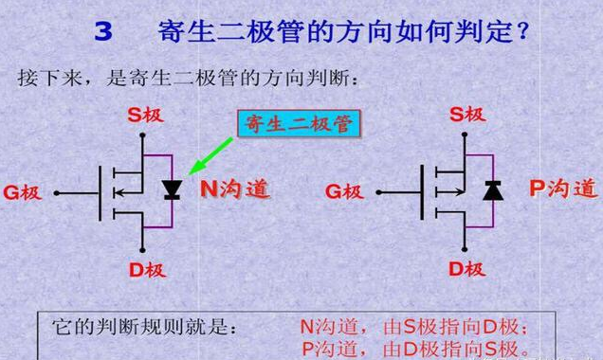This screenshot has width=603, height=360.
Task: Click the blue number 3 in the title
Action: [x=103, y=31]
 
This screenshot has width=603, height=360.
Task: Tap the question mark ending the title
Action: [x=523, y=31]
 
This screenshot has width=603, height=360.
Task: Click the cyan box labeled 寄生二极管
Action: [x=299, y=124]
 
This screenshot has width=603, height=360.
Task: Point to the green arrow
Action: [x=211, y=156]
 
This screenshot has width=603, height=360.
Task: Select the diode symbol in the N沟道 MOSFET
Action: [x=172, y=189]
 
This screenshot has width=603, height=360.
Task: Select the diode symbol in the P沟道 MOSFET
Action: [x=493, y=189]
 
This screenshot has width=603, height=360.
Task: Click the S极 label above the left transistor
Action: [x=146, y=115]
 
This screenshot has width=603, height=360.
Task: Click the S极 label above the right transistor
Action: [x=467, y=114]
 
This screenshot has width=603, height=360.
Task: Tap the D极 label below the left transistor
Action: [x=147, y=270]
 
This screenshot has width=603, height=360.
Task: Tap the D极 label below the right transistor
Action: [x=467, y=269]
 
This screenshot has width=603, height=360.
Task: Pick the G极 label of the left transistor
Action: [x=23, y=192]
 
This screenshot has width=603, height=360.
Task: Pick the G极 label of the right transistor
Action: [x=344, y=191]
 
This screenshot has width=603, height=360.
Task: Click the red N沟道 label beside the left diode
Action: [x=235, y=189]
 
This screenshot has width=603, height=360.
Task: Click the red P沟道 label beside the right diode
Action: [x=564, y=189]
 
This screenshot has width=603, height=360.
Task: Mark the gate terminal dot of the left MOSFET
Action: [x=57, y=193]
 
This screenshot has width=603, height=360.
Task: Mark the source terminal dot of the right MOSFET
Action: [x=465, y=135]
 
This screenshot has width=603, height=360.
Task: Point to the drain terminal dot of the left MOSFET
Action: [x=142, y=250]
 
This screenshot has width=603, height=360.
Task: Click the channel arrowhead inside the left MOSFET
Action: [x=119, y=192]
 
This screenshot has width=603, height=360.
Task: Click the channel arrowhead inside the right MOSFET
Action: [x=460, y=191]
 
